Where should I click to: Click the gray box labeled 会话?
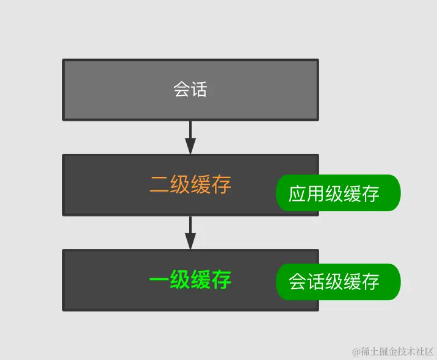pos(122,90)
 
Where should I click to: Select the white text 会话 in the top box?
pos(190,90)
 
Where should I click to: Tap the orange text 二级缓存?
pos(190,185)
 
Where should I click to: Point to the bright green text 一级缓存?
pos(190,280)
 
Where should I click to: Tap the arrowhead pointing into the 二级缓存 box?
pos(190,146)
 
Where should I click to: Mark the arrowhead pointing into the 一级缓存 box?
pos(190,242)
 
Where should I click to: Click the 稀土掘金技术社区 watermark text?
pos(397,351)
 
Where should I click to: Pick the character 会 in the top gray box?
pos(182,90)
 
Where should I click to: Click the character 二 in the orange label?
pos(159,185)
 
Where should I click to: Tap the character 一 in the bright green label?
pos(159,280)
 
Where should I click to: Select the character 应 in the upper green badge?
pos(298,194)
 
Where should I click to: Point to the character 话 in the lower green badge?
pos(316,282)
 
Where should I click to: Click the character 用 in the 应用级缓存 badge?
pos(316,194)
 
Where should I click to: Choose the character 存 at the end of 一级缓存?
pos(222,280)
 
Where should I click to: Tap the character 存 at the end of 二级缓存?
pos(222,185)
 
